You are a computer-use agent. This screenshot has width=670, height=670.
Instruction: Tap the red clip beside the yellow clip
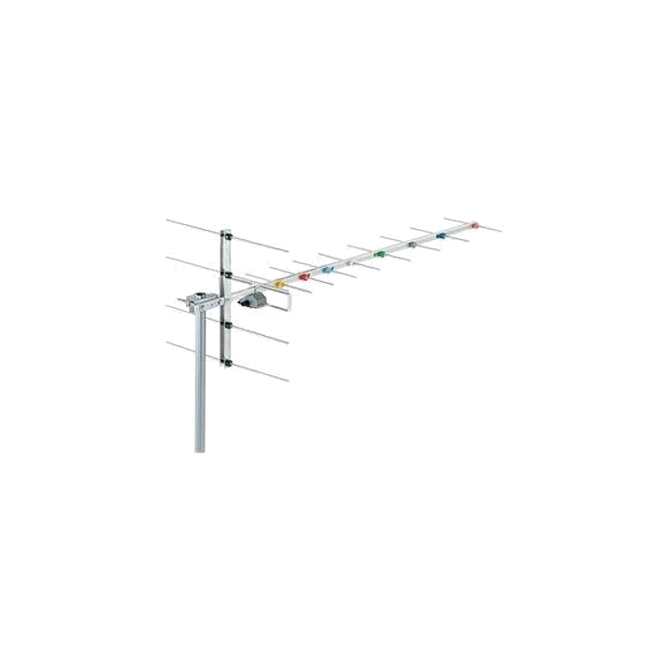(x=302, y=275)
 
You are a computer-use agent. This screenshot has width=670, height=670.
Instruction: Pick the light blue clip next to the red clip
(x=328, y=270)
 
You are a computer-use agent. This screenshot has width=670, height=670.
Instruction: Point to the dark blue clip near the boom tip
(x=442, y=235)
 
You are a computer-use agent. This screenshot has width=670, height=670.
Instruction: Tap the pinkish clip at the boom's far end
(x=475, y=226)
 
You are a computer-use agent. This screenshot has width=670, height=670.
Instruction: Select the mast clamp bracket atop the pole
(x=199, y=303)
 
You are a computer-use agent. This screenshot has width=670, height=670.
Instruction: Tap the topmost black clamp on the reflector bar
(x=226, y=236)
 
